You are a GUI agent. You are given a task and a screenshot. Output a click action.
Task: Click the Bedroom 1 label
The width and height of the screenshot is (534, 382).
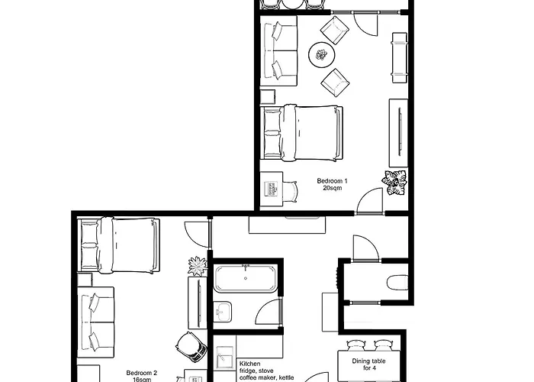click(332, 181)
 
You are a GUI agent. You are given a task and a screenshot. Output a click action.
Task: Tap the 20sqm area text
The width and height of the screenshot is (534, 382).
click(333, 188)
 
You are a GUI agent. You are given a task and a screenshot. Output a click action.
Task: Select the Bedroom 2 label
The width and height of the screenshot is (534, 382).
click(142, 373)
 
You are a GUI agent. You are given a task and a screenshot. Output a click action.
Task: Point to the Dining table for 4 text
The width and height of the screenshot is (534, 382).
click(368, 364)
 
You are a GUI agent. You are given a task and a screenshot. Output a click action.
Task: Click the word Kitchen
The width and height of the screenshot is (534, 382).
click(250, 364)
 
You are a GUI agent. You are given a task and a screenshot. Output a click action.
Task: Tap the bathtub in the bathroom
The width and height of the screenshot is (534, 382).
click(245, 278)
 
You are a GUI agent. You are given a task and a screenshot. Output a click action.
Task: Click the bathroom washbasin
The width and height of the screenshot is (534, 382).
click(223, 312)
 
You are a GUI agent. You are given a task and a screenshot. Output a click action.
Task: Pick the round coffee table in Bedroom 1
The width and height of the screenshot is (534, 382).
click(322, 54)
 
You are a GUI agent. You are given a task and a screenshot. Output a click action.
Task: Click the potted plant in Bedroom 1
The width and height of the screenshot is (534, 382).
click(395, 183)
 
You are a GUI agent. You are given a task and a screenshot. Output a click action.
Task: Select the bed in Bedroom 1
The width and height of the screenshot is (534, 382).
click(301, 132)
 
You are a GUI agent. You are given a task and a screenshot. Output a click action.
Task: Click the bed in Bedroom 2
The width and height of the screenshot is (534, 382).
click(118, 245)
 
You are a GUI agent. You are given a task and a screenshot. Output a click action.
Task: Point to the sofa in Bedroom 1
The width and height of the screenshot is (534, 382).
click(279, 50)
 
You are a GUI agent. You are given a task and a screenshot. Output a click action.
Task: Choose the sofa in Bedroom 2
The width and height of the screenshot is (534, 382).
click(95, 322)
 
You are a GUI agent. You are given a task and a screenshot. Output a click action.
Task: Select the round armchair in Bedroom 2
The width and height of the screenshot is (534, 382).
click(191, 347)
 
